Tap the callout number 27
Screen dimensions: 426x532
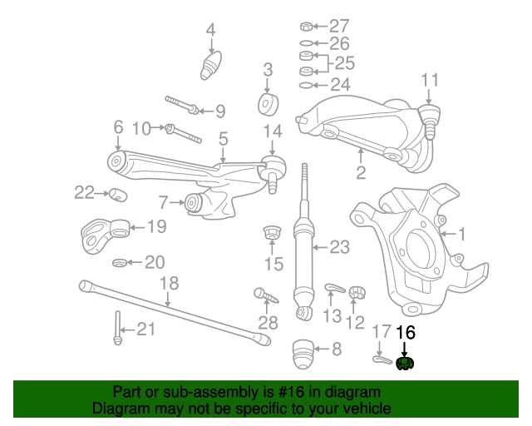tap(339, 26)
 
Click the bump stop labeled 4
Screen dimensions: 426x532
tap(212, 66)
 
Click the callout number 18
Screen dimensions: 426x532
tap(169, 283)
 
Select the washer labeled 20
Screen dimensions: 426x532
tap(120, 263)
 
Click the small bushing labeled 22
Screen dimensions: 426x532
tap(117, 195)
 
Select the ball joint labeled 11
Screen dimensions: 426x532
tap(431, 116)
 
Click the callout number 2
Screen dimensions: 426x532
tap(361, 173)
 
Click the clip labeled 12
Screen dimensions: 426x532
tap(357, 291)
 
